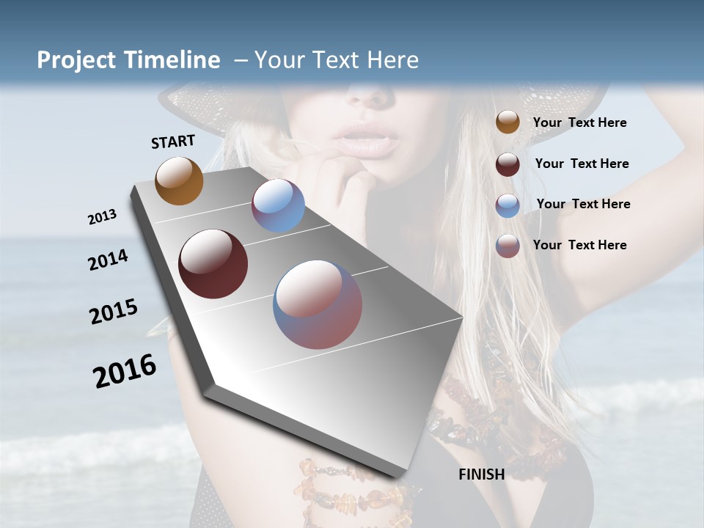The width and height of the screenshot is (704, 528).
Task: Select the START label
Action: (x=173, y=142)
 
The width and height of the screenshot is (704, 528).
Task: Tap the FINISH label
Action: (x=482, y=474)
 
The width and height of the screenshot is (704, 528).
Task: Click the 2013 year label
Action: (x=103, y=217)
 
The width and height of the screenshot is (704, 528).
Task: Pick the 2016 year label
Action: (x=125, y=371)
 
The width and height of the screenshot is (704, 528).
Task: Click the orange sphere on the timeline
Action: (x=179, y=180)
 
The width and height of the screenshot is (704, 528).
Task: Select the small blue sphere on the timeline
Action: (x=278, y=205)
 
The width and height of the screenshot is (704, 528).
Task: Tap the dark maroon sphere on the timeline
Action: (x=213, y=264)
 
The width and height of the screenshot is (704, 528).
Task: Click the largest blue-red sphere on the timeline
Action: (x=318, y=304)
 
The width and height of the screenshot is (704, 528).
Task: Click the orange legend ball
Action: (x=507, y=122)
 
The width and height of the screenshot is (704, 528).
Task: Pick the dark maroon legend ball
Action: (x=507, y=164)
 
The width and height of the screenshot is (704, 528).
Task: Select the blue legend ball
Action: (x=507, y=205)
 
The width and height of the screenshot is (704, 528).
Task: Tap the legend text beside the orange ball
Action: (x=579, y=123)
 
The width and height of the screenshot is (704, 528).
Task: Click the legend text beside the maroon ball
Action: (x=582, y=164)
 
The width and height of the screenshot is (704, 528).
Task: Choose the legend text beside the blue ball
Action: (x=583, y=204)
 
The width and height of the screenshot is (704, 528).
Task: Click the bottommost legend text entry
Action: (x=579, y=245)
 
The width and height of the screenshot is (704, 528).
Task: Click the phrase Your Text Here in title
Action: (x=337, y=60)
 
